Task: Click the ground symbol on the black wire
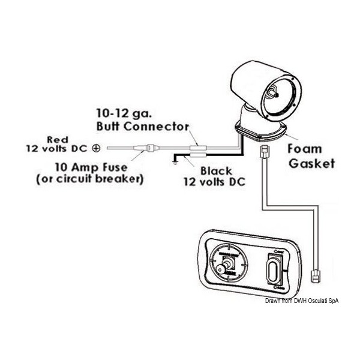[174, 160]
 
